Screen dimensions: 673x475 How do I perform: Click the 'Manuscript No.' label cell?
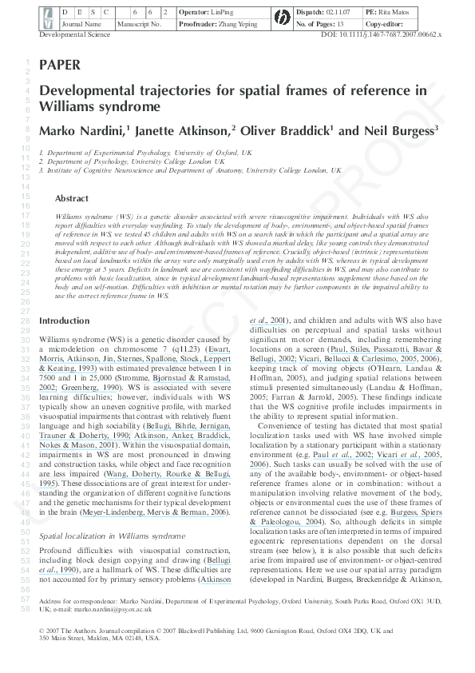pos(140,25)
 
